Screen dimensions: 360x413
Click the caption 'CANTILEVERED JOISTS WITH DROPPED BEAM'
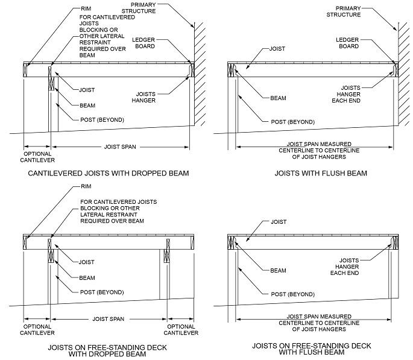[x=109, y=173]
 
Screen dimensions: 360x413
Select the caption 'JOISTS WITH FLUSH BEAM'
[x=313, y=173]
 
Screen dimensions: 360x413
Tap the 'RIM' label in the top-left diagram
[x=87, y=9]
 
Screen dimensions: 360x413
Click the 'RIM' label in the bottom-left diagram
[x=87, y=187]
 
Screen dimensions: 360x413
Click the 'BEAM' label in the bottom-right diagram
[x=279, y=270]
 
